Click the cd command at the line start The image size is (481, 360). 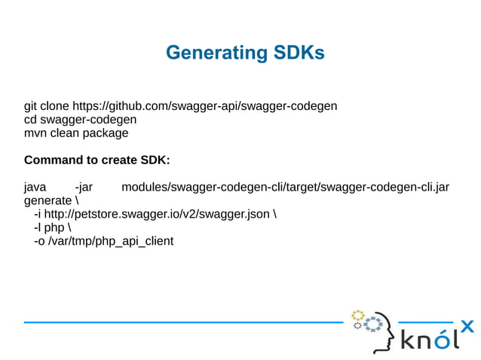(x=30, y=120)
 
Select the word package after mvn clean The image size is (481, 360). (x=106, y=133)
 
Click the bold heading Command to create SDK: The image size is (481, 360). (x=97, y=160)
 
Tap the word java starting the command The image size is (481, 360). (x=35, y=188)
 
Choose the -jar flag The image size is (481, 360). (x=84, y=188)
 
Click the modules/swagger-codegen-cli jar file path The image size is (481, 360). (x=285, y=188)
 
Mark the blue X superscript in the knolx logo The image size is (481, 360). (x=467, y=326)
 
